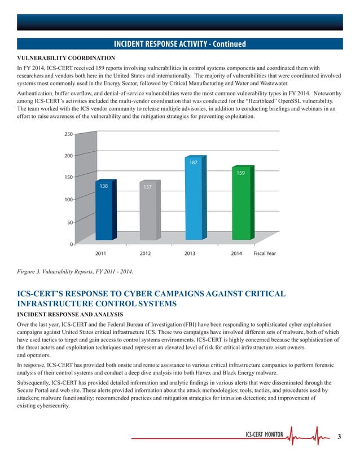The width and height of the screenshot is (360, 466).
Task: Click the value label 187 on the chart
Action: tap(193, 162)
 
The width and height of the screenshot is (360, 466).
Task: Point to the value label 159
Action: tap(240, 173)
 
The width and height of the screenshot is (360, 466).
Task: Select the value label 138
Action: tap(104, 186)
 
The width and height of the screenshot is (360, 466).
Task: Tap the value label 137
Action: tap(147, 187)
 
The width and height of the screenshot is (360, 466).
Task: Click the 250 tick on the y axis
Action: tap(68, 134)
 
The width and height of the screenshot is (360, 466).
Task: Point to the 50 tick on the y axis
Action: tap(69, 222)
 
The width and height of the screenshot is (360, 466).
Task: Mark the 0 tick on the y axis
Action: tap(71, 244)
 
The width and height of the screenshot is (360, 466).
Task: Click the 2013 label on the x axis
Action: tap(190, 254)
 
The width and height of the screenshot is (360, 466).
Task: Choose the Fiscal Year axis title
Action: tap(265, 254)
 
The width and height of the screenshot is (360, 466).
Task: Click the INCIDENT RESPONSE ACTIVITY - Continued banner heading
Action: tap(180, 44)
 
